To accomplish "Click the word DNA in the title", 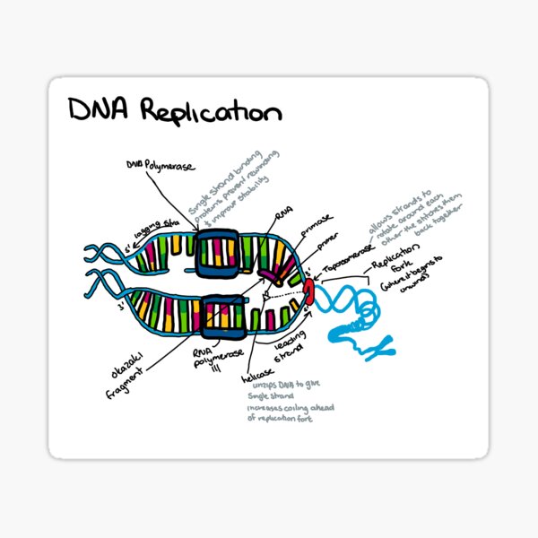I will [x=101, y=112].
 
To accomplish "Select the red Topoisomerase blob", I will [x=310, y=290].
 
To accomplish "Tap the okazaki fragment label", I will [x=116, y=370].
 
